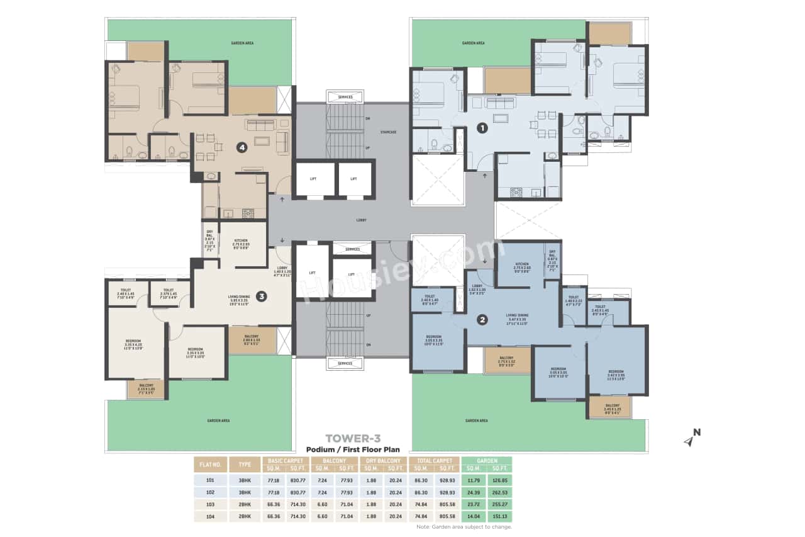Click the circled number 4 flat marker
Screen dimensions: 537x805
click(241, 147)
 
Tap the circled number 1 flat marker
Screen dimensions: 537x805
click(482, 128)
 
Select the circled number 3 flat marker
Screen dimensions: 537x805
click(262, 296)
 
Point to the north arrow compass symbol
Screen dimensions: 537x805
click(692, 438)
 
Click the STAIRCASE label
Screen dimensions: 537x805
click(388, 132)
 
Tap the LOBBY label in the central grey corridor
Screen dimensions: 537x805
click(361, 220)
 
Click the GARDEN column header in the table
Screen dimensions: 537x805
click(487, 461)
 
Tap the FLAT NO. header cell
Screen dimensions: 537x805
click(209, 465)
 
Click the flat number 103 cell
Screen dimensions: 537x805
click(209, 505)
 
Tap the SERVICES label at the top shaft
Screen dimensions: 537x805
click(345, 97)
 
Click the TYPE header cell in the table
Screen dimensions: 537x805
click(245, 465)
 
